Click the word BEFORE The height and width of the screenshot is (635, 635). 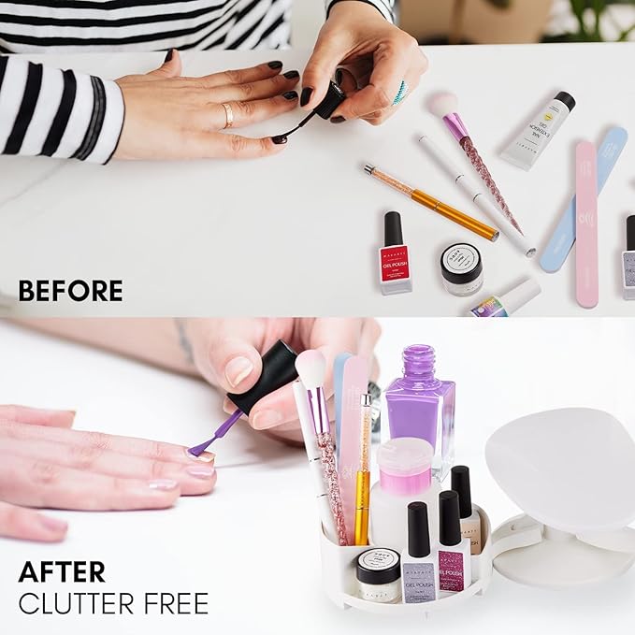70,291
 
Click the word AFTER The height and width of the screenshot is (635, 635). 63,570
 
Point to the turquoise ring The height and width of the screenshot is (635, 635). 400,91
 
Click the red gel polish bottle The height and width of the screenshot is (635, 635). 395,253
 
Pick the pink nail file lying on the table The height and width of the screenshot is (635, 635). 586,224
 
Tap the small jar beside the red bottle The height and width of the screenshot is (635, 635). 461,269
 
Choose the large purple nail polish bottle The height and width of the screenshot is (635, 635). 417,397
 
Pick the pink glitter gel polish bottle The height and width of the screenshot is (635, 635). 454,552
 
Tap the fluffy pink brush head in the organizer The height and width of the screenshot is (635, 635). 310,365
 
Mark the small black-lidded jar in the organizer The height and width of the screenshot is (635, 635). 378,572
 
